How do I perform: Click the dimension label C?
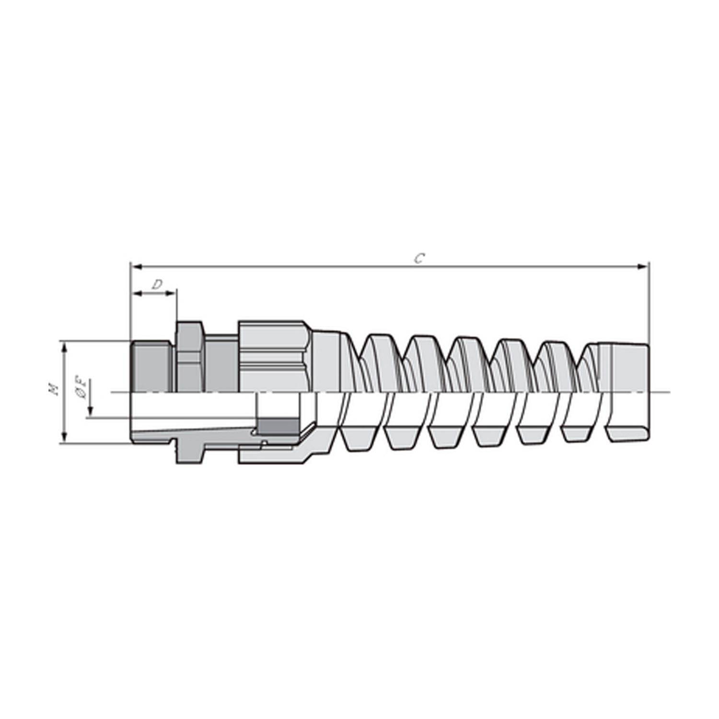(419, 258)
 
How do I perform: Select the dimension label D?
(157, 285)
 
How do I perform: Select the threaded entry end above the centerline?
(151, 367)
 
